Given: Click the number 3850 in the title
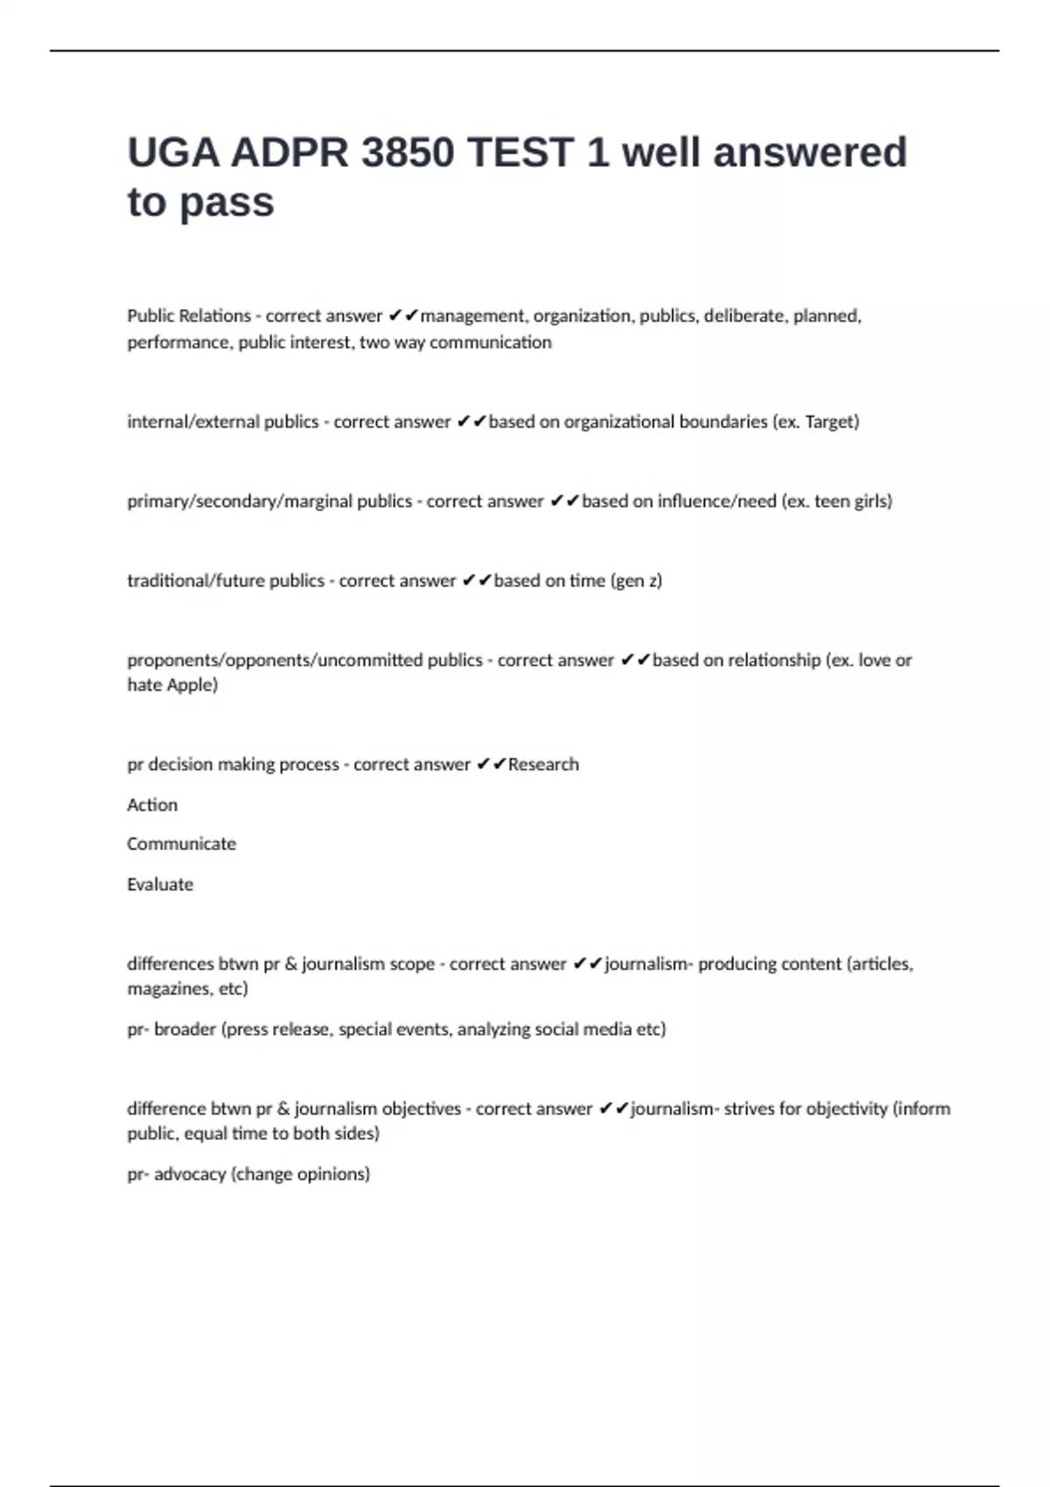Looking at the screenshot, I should pos(407,153).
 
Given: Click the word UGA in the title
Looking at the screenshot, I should pos(173,153).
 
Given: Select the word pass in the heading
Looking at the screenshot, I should pos(227,203).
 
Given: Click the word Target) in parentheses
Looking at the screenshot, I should pos(832,422).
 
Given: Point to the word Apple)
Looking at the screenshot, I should pos(192,685).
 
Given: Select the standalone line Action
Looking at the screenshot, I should pos(152,805).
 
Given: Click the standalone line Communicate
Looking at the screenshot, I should pos(181,844).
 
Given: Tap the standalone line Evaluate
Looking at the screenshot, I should pos(160,884).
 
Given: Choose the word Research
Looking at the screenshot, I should pos(543,764).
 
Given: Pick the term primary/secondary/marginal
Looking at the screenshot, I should pos(269,501).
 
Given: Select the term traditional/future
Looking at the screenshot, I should pos(226,581).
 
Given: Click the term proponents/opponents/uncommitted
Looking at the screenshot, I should pos(304,660).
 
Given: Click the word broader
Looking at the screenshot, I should pos(185,1030).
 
